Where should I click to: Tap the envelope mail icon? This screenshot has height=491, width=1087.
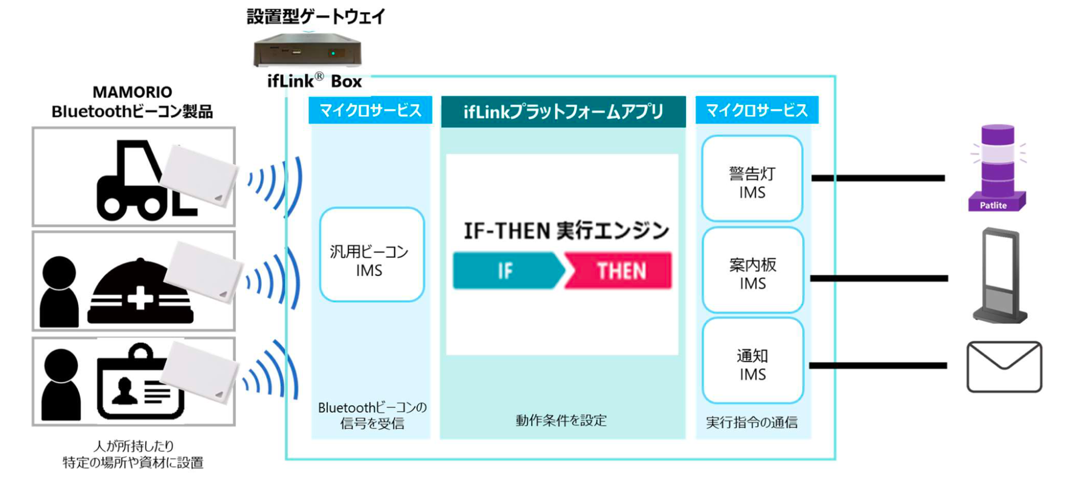pyautogui.click(x=1004, y=367)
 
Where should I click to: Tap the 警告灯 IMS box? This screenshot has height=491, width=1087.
pyautogui.click(x=752, y=179)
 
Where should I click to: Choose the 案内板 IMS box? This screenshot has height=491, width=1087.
pyautogui.click(x=752, y=270)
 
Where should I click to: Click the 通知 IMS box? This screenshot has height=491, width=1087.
pyautogui.click(x=752, y=361)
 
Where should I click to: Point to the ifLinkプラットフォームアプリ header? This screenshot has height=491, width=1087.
pyautogui.click(x=563, y=111)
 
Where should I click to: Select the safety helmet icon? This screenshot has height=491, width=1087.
pyautogui.click(x=140, y=294)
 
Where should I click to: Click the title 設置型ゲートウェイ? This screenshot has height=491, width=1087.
pyautogui.click(x=316, y=16)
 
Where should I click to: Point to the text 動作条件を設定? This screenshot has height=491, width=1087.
pyautogui.click(x=561, y=420)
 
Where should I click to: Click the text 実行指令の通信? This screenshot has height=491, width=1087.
pyautogui.click(x=752, y=422)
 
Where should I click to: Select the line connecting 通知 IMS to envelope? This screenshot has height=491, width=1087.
pyautogui.click(x=878, y=365)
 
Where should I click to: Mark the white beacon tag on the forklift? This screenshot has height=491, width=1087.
pyautogui.click(x=198, y=174)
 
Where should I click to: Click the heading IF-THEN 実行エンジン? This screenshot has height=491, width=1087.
pyautogui.click(x=566, y=231)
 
